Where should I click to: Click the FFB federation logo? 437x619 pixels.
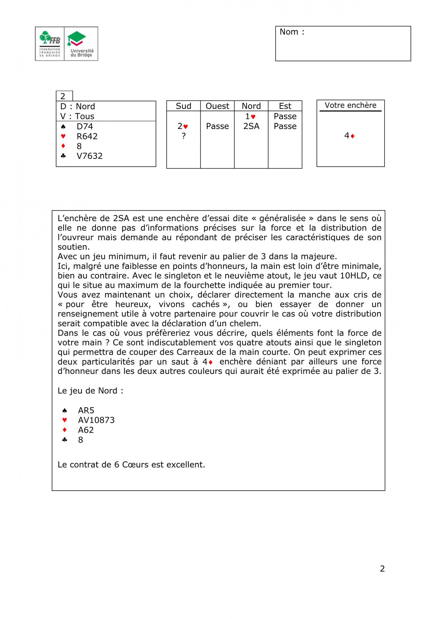pos(50,44)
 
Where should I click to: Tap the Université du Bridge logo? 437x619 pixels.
pos(81,44)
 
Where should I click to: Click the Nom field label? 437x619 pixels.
pos(292,32)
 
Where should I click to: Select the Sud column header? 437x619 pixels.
pos(183,106)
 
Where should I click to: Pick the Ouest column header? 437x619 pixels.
pos(217,106)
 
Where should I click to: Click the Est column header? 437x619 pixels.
pos(285,106)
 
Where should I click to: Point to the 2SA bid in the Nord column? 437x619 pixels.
pos(251,126)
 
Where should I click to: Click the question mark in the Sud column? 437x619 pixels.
pos(183,136)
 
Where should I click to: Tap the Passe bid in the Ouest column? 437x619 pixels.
pos(217,126)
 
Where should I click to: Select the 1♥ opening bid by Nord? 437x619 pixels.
pos(250,116)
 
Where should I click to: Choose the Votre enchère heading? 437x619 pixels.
pos(350,105)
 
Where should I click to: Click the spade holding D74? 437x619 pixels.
pos(85,126)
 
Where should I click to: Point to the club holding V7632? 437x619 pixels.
pos(90,156)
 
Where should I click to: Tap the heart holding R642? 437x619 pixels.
pos(87,136)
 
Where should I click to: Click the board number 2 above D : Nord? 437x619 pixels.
pos(63,96)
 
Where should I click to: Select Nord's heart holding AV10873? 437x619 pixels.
pos(96,420)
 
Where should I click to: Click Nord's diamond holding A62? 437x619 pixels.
pos(86,430)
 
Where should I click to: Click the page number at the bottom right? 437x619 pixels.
pos(382,569)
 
